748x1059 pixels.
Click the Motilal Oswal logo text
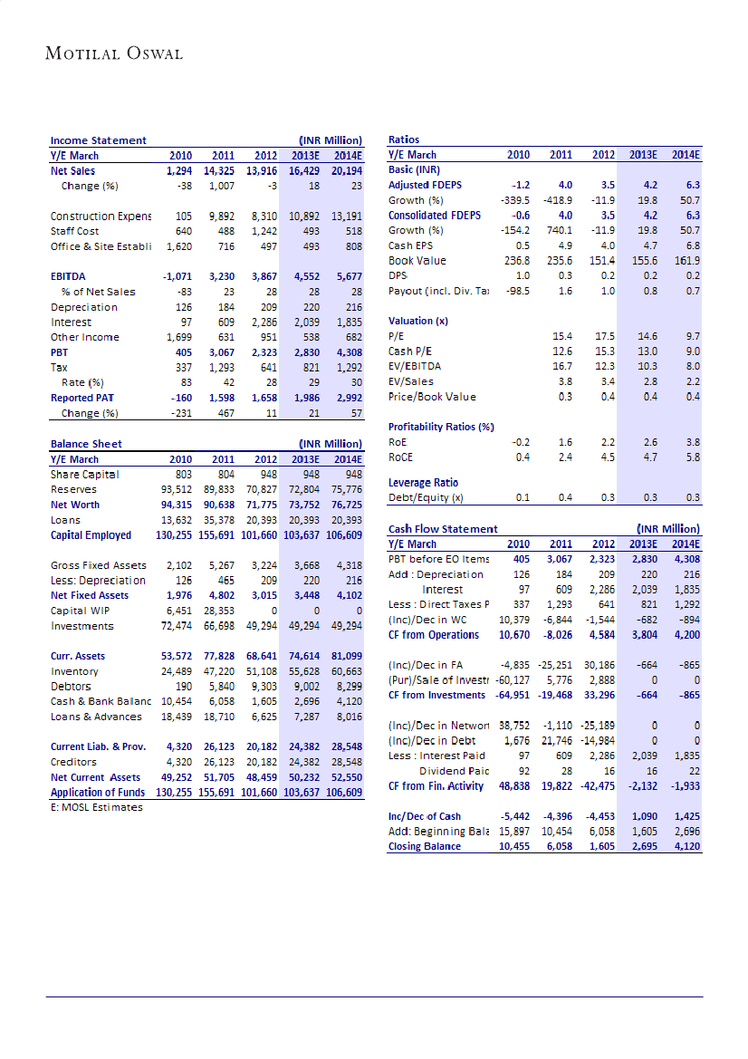click(114, 53)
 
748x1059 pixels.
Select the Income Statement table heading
click(98, 140)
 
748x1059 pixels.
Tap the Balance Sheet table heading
click(86, 444)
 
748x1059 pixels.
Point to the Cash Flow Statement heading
click(443, 529)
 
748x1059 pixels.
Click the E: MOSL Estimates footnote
click(97, 807)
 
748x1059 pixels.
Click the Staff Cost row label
click(75, 231)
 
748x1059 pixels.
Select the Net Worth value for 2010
click(176, 505)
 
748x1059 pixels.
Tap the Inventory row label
click(74, 671)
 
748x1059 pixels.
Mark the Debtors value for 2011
click(220, 687)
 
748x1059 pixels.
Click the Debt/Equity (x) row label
click(426, 498)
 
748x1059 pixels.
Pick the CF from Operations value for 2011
click(558, 635)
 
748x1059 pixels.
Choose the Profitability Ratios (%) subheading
click(441, 427)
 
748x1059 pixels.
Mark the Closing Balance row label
click(425, 846)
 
